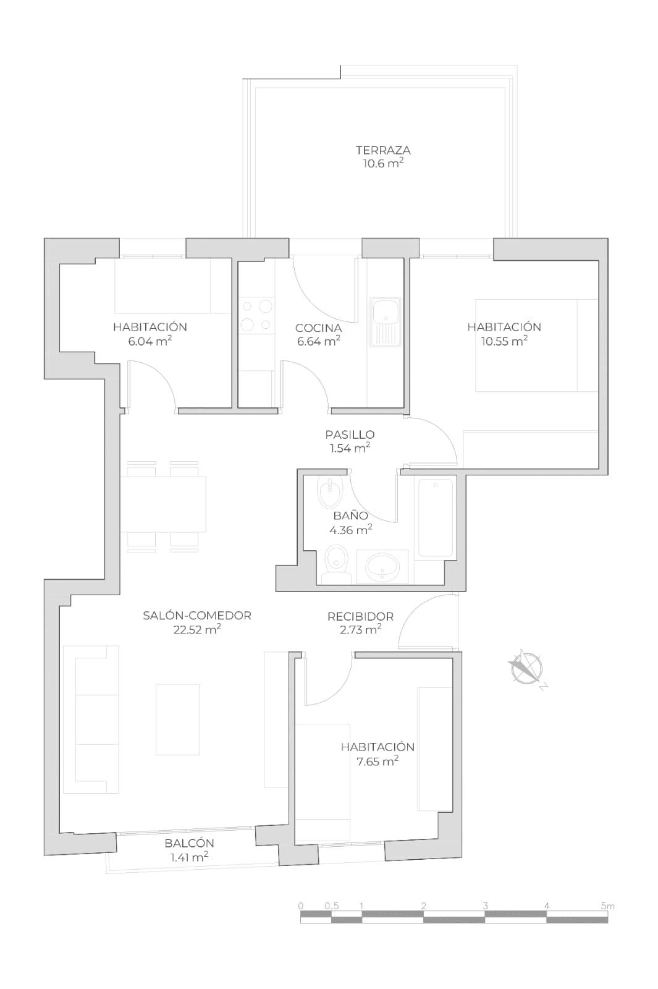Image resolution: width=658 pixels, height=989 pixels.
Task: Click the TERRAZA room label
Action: pos(383,150)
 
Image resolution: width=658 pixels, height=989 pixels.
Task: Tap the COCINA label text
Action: pos(318,328)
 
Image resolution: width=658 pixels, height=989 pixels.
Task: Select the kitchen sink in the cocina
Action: pos(385,321)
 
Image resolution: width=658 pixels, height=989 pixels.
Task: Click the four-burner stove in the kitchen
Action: pos(257,315)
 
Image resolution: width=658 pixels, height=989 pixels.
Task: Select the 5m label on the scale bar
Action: pos(607,906)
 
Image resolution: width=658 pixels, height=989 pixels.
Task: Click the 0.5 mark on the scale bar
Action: pos(332,906)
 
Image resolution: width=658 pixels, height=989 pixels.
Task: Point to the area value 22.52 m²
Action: pos(197,630)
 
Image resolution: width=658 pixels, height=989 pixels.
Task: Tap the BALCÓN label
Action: pos(189,843)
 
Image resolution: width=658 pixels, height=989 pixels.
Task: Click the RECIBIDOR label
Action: pos(360,616)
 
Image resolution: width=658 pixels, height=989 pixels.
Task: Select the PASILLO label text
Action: pos(350,435)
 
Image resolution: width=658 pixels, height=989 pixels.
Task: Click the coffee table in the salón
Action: pos(177,719)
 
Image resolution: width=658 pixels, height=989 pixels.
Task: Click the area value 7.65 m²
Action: pos(377,762)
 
